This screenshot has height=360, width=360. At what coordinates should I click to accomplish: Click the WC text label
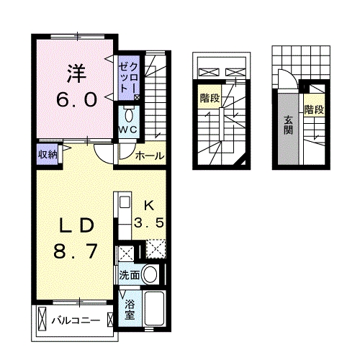(x=128, y=129)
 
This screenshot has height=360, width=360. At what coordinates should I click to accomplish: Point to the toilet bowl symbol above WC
(x=129, y=114)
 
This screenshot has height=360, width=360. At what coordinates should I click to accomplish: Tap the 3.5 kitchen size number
(x=152, y=222)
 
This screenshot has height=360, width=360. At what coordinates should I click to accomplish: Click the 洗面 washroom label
(x=129, y=274)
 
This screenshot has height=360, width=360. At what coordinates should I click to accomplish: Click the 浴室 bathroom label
(x=130, y=310)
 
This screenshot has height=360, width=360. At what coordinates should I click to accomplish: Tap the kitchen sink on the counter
(x=122, y=201)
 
